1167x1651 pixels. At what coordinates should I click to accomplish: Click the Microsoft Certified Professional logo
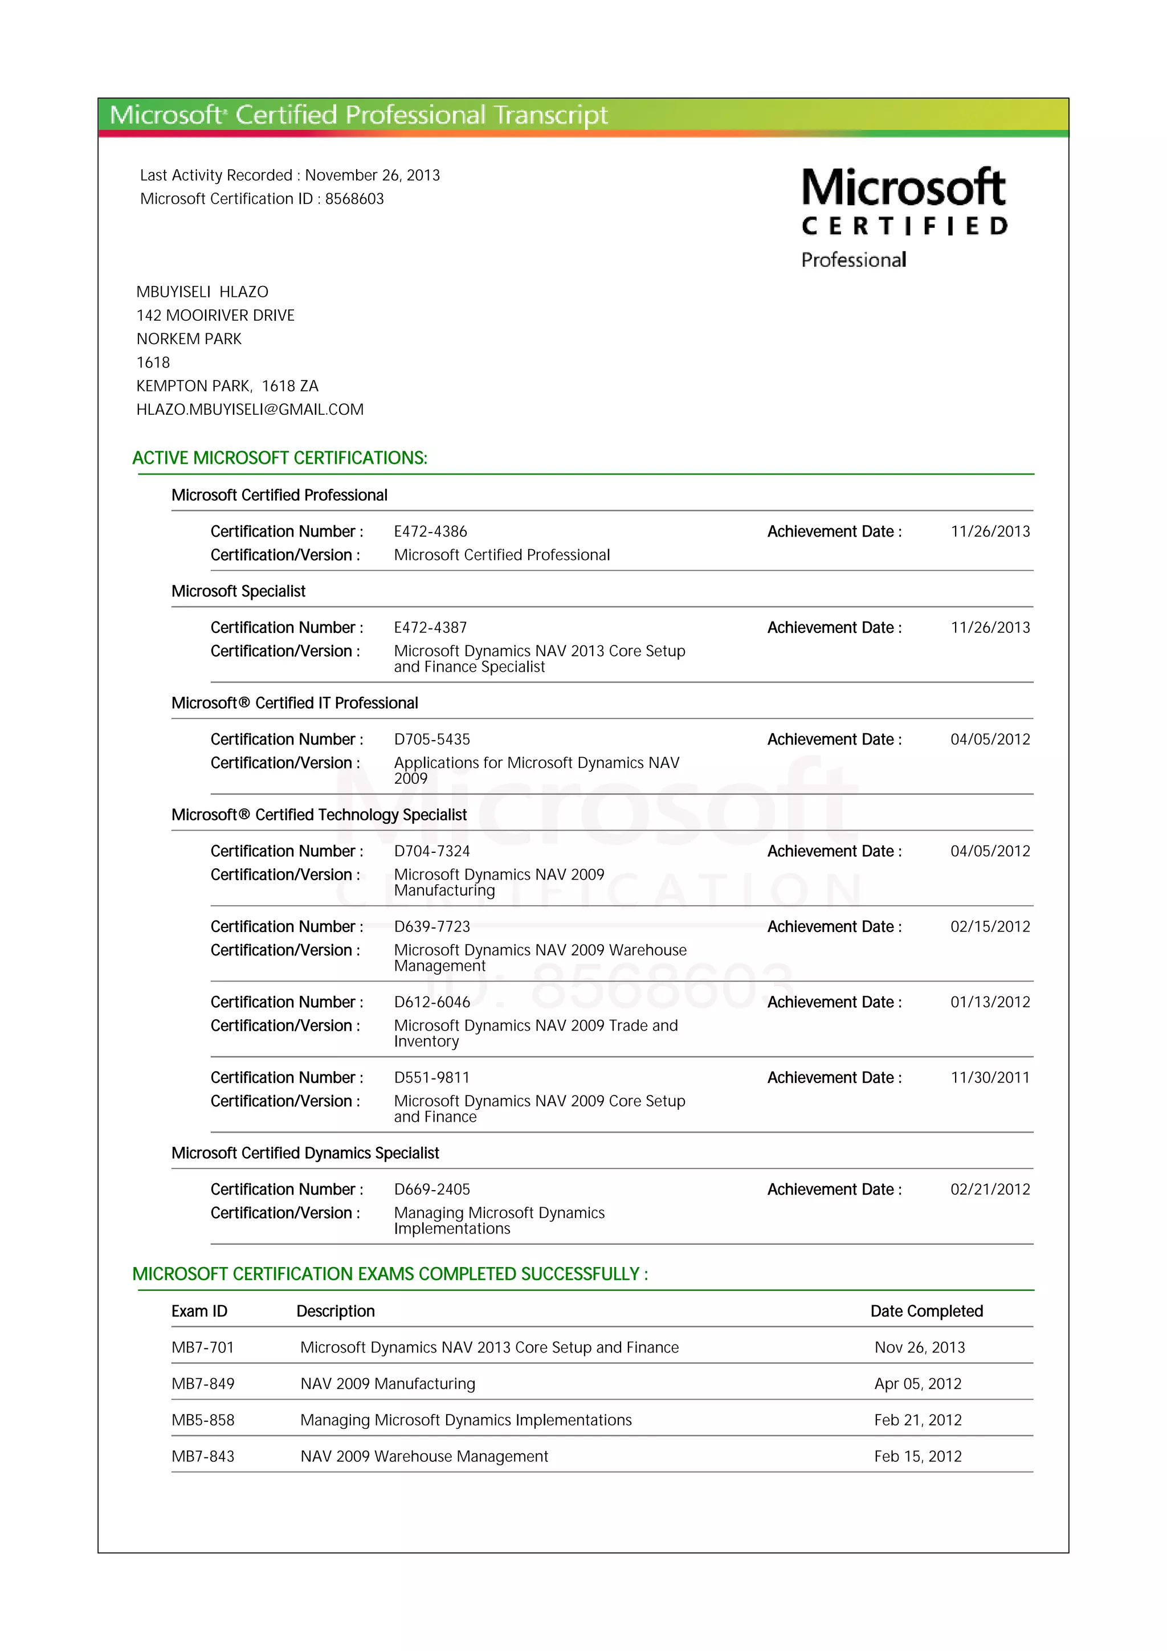pyautogui.click(x=904, y=216)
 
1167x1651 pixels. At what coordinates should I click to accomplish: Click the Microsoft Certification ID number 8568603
pyautogui.click(x=354, y=199)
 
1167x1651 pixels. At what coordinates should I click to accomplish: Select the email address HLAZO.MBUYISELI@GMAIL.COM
pyautogui.click(x=250, y=410)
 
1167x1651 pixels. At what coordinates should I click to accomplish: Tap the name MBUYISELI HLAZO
pyautogui.click(x=202, y=292)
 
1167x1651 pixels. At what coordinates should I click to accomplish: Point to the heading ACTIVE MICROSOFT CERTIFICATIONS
pyautogui.click(x=280, y=458)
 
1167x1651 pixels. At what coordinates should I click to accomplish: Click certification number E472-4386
pyautogui.click(x=430, y=532)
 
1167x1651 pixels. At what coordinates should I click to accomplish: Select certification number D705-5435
pyautogui.click(x=431, y=739)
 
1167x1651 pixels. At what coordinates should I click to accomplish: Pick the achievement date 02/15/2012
pyautogui.click(x=989, y=927)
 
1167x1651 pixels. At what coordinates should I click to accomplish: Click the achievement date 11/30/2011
pyautogui.click(x=989, y=1078)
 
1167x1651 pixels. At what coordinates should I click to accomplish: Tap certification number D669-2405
pyautogui.click(x=431, y=1190)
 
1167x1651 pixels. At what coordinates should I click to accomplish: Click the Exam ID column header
pyautogui.click(x=199, y=1311)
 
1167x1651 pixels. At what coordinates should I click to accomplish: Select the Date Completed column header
pyautogui.click(x=926, y=1311)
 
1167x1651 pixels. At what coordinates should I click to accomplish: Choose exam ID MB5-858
pyautogui.click(x=203, y=1420)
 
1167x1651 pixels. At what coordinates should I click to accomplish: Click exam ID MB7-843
pyautogui.click(x=203, y=1457)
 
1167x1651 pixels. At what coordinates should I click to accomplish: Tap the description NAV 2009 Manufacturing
pyautogui.click(x=387, y=1384)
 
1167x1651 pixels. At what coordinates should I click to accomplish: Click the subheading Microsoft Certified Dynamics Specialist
pyautogui.click(x=305, y=1154)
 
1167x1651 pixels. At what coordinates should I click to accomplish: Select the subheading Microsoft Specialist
pyautogui.click(x=238, y=591)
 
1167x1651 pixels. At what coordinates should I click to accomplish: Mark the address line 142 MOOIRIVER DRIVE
pyautogui.click(x=215, y=316)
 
